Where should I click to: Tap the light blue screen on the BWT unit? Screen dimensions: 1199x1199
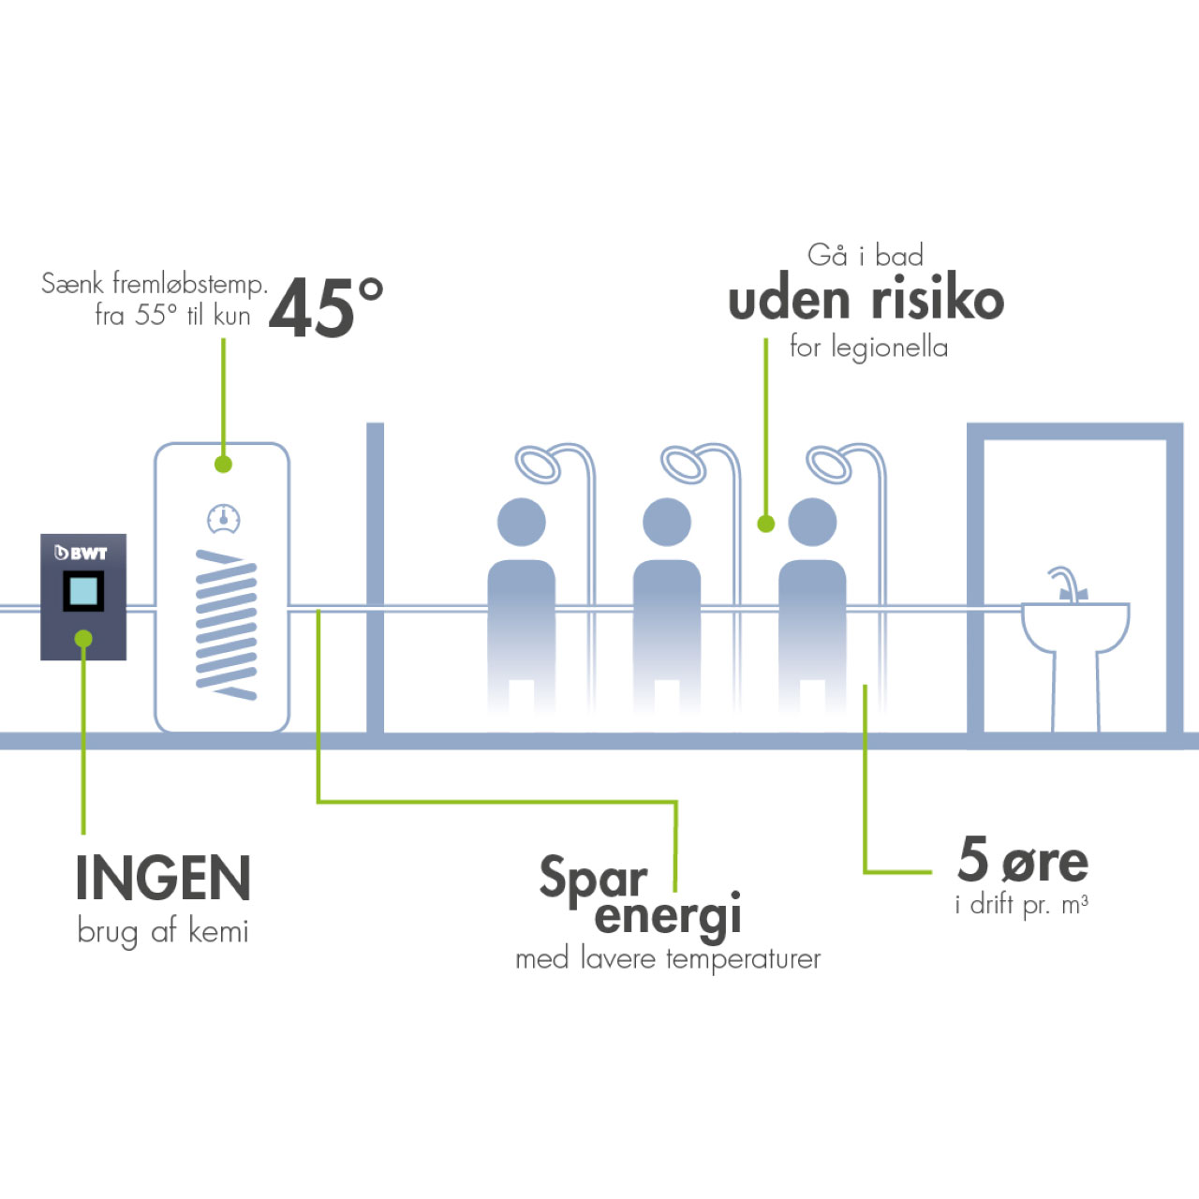pos(83,591)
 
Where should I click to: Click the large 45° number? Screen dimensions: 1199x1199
pos(325,308)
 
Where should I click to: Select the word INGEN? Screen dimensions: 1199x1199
pos(163,879)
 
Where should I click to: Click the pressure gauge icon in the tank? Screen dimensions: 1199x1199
pos(223,518)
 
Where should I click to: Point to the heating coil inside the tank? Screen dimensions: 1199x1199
pos(226,624)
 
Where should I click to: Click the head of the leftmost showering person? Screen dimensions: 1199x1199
pos(521,522)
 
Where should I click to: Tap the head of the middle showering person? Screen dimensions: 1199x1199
pos(667,522)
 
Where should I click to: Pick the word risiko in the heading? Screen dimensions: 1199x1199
pos(937,300)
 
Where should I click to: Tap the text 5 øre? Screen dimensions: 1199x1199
pos(1022,860)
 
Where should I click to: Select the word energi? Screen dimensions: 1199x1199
pos(668,915)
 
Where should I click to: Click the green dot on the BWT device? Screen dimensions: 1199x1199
pos(83,639)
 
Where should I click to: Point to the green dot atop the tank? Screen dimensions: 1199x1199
pos(223,464)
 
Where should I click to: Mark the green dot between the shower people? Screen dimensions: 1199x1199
pos(766,524)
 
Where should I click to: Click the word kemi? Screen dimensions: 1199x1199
pos(218,931)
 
